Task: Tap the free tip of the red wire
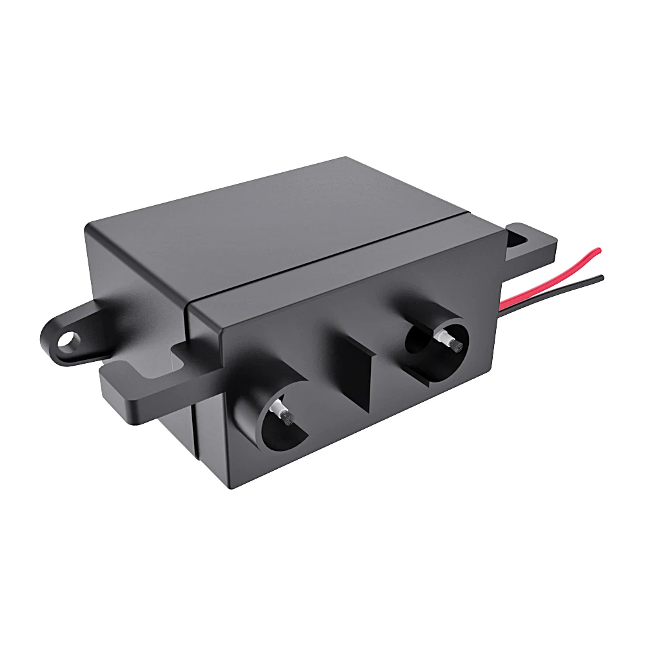599,250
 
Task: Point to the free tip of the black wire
602,277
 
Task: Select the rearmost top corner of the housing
346,158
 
